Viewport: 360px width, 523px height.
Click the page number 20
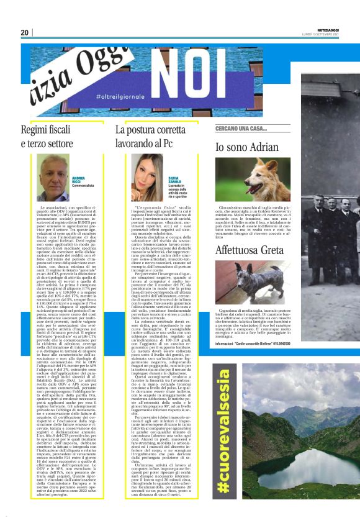point(25,33)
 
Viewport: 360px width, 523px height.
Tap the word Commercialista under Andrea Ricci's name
point(83,185)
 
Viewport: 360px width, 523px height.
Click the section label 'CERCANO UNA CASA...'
point(240,128)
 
